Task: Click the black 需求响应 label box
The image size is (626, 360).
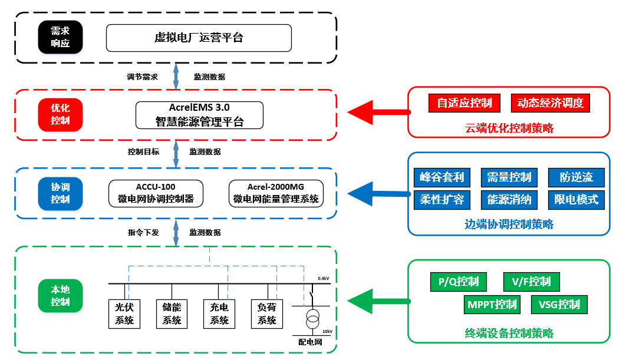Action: (x=60, y=37)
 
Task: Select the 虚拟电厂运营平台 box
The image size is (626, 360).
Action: (x=199, y=38)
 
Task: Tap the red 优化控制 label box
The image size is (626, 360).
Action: (x=60, y=114)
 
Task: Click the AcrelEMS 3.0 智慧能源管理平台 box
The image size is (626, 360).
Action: (x=199, y=115)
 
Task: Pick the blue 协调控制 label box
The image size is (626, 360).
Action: (x=60, y=193)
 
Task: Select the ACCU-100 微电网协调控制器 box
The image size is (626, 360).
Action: (x=156, y=193)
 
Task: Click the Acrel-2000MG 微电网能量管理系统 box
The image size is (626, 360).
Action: (x=276, y=193)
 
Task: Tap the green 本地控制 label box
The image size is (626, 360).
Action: (x=60, y=295)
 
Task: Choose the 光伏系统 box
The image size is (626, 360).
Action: (x=124, y=313)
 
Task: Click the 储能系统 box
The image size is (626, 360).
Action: (x=172, y=313)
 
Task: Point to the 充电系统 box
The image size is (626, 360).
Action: (x=219, y=313)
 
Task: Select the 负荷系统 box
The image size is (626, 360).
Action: (x=267, y=313)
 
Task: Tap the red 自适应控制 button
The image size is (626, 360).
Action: (x=464, y=103)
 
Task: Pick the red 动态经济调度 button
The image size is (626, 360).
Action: (x=550, y=103)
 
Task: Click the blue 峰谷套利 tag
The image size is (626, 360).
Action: (x=442, y=177)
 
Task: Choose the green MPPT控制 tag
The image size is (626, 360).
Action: (x=492, y=305)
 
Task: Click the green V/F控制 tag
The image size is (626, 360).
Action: (x=531, y=282)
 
